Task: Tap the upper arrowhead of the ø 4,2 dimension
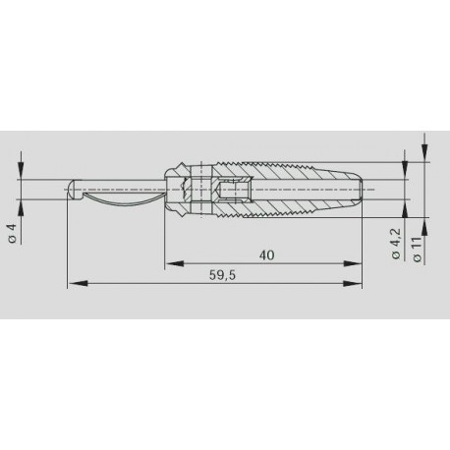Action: click(403, 174)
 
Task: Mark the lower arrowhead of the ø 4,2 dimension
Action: click(403, 198)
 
